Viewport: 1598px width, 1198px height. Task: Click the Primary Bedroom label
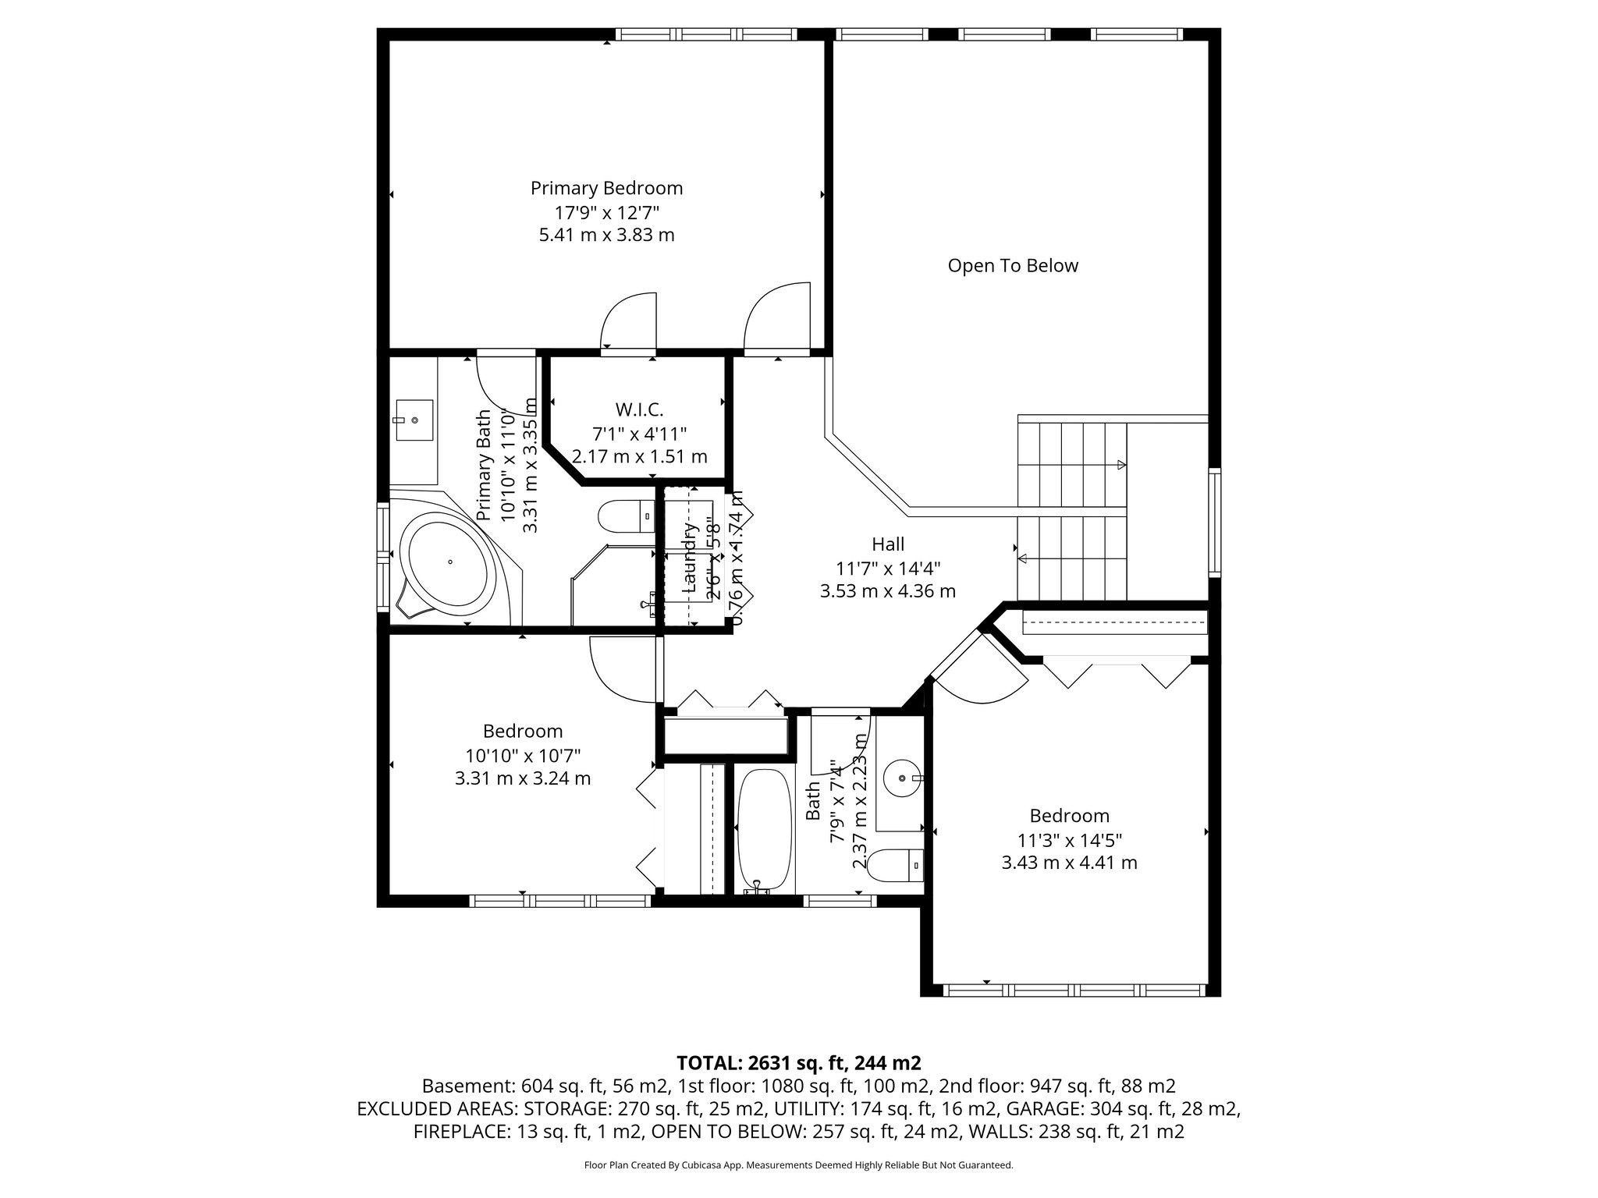(606, 188)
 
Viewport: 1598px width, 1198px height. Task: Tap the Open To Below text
(1012, 266)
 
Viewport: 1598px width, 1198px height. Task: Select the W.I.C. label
(639, 409)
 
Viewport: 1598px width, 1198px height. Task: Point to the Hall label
(888, 544)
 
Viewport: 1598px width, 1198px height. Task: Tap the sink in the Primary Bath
(413, 420)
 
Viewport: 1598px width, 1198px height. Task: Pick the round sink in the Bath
(904, 778)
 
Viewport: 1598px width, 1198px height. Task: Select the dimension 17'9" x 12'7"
(606, 211)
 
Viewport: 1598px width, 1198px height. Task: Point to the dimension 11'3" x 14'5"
(1068, 839)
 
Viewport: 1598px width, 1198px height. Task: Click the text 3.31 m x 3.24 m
(522, 778)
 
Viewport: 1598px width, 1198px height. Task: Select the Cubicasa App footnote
(798, 1165)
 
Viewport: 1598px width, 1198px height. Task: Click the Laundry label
(689, 558)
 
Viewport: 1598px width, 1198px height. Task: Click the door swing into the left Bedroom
(622, 668)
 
